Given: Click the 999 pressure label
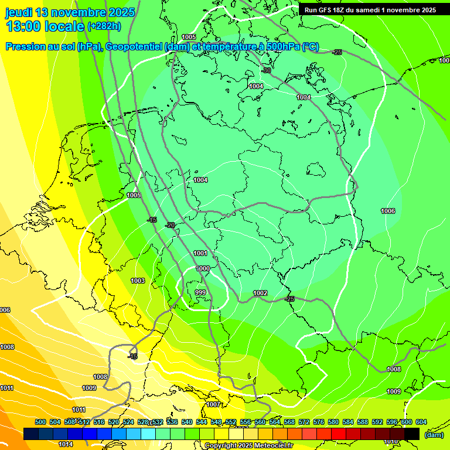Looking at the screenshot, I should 200,292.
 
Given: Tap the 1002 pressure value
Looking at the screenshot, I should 260,293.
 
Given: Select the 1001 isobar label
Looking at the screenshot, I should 200,253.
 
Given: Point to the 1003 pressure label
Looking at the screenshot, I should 138,281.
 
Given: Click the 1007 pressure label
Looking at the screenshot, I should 213,404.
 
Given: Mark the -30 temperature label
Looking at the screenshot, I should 266,70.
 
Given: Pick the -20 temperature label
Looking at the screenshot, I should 170,225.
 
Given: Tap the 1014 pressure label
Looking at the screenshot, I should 66,444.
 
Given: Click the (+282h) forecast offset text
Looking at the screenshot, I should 104,26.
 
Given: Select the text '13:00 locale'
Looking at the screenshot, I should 44,26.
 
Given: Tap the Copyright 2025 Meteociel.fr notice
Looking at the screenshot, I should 248,445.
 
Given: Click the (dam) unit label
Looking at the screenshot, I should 434,434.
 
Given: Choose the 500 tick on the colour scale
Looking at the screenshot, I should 40,422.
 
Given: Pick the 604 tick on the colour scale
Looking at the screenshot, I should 421,422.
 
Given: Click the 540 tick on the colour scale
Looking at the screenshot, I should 187,422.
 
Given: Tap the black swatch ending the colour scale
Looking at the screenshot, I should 412,434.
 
